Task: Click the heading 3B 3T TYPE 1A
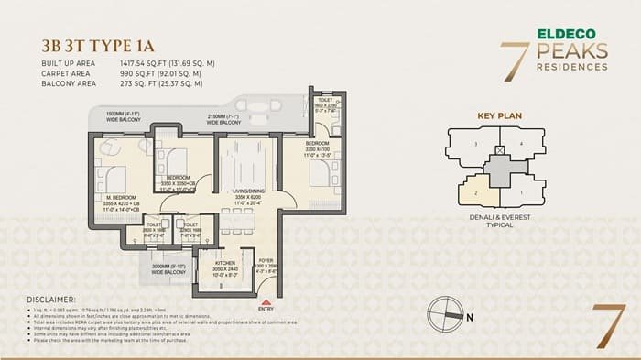tap(96, 44)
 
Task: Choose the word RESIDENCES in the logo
tap(572, 67)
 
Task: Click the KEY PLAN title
tap(497, 116)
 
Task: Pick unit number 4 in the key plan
tap(520, 144)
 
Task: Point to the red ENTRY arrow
tap(266, 301)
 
